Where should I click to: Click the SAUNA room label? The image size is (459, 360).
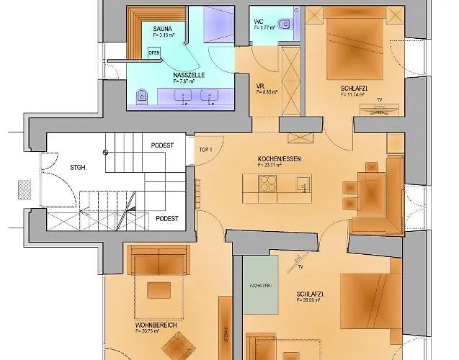click(162, 28)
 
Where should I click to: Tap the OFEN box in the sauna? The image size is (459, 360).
click(153, 53)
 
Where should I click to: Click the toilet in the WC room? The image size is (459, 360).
click(287, 24)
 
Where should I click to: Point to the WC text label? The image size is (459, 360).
click(259, 22)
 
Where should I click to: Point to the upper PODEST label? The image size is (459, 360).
click(162, 145)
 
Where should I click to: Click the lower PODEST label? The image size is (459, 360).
click(167, 217)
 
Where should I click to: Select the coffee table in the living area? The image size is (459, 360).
click(160, 289)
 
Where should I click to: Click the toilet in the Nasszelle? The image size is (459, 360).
click(141, 94)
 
